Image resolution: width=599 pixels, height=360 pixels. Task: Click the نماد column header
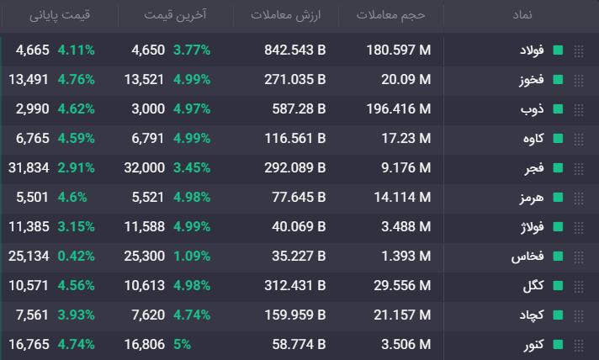522,15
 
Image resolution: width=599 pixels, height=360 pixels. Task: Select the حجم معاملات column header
391,15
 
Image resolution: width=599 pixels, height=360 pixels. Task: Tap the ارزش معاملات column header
286,15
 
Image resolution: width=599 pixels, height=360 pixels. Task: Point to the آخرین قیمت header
175,15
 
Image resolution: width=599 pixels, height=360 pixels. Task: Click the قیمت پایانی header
60,15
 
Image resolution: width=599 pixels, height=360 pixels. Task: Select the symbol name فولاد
532,50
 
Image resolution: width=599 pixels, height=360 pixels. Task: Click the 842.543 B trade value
295,50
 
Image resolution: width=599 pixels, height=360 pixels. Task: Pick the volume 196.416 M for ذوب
399,109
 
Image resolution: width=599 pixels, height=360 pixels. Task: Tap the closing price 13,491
29,79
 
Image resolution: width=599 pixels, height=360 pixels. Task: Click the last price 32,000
145,167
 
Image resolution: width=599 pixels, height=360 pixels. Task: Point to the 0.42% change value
76,256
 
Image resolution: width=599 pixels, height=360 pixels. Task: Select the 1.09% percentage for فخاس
192,256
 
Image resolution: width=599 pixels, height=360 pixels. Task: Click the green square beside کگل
558,285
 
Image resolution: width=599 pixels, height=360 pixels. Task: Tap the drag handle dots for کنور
579,345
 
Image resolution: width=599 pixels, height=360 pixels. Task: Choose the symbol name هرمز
532,198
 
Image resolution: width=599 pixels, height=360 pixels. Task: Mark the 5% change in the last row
182,344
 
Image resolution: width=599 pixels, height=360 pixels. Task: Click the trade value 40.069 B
299,226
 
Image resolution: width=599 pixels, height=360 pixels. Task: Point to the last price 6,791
148,138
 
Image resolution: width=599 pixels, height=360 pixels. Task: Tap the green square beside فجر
558,167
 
